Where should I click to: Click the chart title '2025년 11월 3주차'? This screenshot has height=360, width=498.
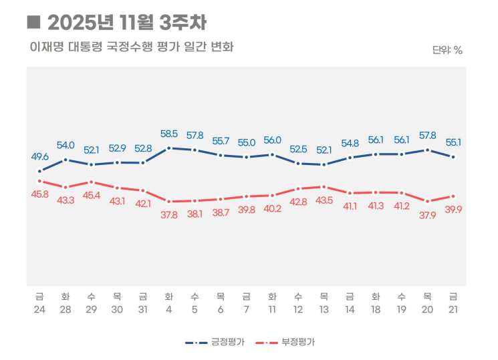point(126,23)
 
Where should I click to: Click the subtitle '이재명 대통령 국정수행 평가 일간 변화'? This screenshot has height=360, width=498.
point(131,47)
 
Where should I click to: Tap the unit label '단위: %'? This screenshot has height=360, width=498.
point(447,49)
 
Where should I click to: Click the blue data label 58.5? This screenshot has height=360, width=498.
point(169,134)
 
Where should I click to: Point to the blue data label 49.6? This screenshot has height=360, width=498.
point(40,156)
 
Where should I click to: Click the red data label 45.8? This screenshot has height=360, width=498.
point(40,194)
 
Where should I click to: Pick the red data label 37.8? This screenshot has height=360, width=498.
point(169,214)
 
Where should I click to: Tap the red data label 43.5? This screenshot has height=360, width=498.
point(324,200)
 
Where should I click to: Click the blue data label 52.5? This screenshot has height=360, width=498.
point(298,149)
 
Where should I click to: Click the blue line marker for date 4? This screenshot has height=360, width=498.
point(169,148)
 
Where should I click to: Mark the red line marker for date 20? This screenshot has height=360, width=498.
point(427,201)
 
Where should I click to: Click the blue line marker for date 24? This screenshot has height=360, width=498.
point(40,171)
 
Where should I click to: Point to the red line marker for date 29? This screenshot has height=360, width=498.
point(92,182)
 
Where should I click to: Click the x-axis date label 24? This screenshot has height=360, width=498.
point(40,309)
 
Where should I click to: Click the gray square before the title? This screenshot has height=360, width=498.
point(33,23)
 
